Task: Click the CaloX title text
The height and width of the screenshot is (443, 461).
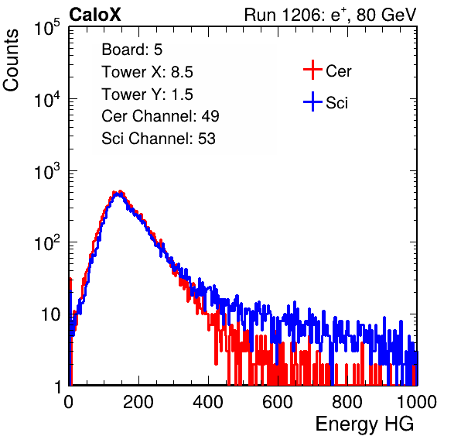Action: pyautogui.click(x=95, y=15)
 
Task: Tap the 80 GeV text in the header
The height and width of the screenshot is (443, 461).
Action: pyautogui.click(x=387, y=15)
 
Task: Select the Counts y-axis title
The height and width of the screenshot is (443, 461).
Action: pyautogui.click(x=11, y=60)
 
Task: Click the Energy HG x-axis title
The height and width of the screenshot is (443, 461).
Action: pyautogui.click(x=364, y=424)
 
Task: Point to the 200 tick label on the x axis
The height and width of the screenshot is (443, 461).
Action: pyautogui.click(x=138, y=402)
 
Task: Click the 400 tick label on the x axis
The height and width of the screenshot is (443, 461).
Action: pyautogui.click(x=208, y=402)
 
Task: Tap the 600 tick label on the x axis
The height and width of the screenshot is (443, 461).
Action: pyautogui.click(x=278, y=402)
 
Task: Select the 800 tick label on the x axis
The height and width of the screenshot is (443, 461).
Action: pyautogui.click(x=347, y=402)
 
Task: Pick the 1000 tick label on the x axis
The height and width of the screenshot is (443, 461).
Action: pyautogui.click(x=417, y=402)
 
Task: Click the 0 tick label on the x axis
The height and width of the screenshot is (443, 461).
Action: pyautogui.click(x=69, y=402)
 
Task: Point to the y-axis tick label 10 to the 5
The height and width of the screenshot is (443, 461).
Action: pyautogui.click(x=47, y=27)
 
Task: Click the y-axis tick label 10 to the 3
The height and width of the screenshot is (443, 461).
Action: pyautogui.click(x=47, y=171)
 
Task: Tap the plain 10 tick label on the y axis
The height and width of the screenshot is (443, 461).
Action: pyautogui.click(x=50, y=314)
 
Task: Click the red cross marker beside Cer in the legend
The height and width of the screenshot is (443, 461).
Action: pyautogui.click(x=312, y=70)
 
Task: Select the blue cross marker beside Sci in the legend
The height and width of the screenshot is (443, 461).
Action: pyautogui.click(x=312, y=102)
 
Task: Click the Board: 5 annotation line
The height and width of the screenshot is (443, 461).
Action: pyautogui.click(x=132, y=50)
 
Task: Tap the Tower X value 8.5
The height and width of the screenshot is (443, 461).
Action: pyautogui.click(x=182, y=72)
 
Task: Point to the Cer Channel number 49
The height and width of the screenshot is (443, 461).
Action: pyautogui.click(x=210, y=116)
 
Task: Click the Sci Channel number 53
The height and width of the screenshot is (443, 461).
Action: pyautogui.click(x=207, y=139)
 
